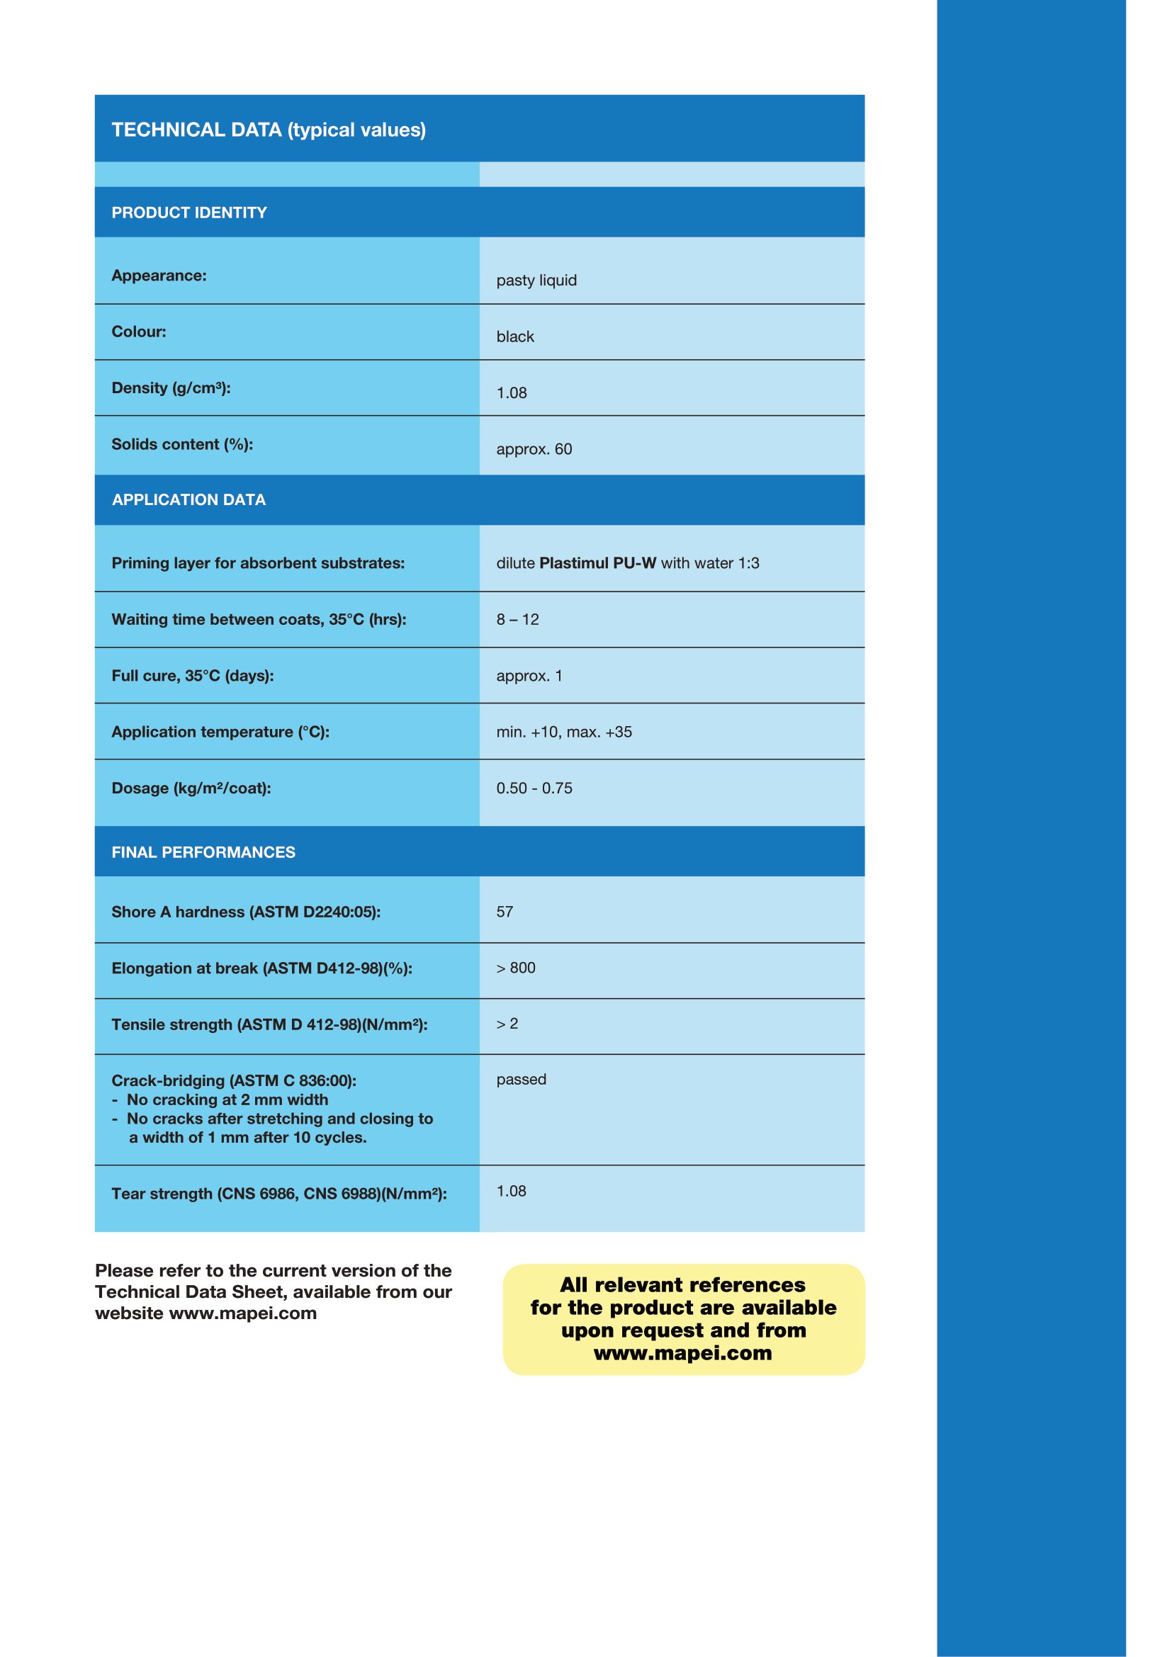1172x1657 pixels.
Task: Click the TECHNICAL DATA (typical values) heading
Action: tap(269, 130)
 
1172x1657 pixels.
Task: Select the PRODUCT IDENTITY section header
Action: tap(189, 213)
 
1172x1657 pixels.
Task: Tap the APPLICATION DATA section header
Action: tap(189, 499)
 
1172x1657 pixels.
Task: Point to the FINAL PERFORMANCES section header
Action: tap(203, 852)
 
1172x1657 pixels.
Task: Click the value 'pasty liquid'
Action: tap(536, 280)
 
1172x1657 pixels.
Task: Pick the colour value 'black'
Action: tap(515, 337)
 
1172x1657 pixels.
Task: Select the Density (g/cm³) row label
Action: tap(171, 388)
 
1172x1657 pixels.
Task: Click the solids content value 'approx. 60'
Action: tap(534, 449)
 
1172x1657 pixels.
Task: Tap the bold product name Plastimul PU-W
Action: tap(597, 563)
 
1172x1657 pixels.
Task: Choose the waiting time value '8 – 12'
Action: tap(517, 619)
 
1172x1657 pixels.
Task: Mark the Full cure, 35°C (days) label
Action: tap(193, 676)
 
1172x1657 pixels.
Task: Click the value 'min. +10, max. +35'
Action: tap(563, 732)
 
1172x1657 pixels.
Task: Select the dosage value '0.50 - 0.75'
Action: tap(534, 788)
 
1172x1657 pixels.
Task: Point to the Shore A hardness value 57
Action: tap(505, 912)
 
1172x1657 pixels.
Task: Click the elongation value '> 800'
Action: tap(515, 968)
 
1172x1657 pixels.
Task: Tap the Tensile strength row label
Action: tap(269, 1025)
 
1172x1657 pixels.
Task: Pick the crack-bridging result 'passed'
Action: tap(521, 1080)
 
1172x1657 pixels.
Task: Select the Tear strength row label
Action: tap(278, 1194)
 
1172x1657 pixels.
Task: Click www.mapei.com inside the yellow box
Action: tap(682, 1353)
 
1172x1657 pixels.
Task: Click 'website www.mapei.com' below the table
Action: tap(205, 1313)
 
